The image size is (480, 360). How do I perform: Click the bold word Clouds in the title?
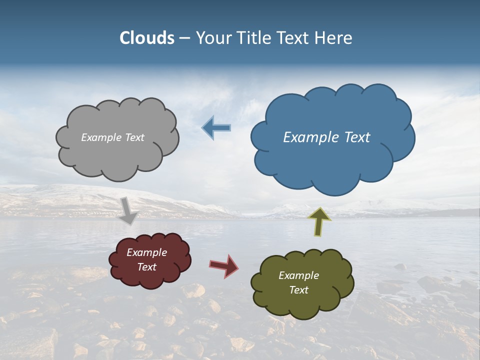click(x=147, y=38)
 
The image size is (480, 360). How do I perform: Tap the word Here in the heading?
click(x=335, y=38)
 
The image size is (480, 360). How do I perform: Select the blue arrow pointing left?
click(x=216, y=128)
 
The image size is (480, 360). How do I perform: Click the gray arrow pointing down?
click(x=128, y=211)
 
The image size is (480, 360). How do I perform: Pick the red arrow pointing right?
click(x=224, y=265)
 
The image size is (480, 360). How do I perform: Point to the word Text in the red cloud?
click(x=147, y=267)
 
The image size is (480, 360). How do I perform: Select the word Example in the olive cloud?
click(x=298, y=275)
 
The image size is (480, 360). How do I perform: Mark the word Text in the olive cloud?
click(x=298, y=290)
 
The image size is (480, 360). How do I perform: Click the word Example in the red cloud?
click(x=146, y=252)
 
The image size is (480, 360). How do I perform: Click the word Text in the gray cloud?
click(x=133, y=137)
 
